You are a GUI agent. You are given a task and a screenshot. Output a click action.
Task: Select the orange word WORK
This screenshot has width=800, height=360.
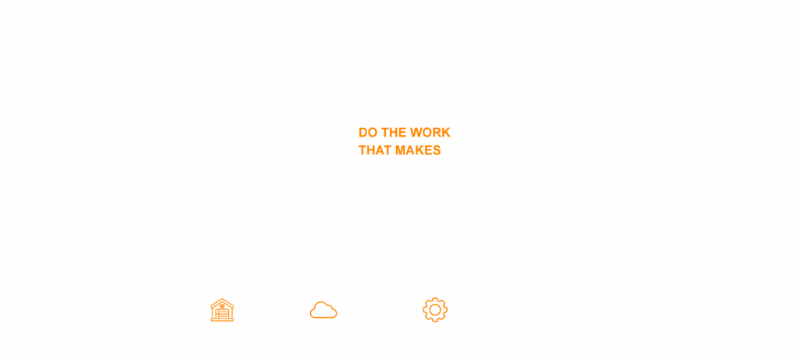tap(431, 133)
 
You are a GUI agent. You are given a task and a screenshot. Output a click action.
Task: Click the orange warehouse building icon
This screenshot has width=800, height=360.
tap(223, 310)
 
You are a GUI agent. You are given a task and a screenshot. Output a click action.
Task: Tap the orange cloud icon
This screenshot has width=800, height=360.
tap(323, 310)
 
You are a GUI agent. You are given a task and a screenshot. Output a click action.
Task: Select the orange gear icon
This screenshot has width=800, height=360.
tap(435, 310)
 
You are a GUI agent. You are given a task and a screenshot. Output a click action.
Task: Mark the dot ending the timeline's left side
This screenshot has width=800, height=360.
tap(27, 311)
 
